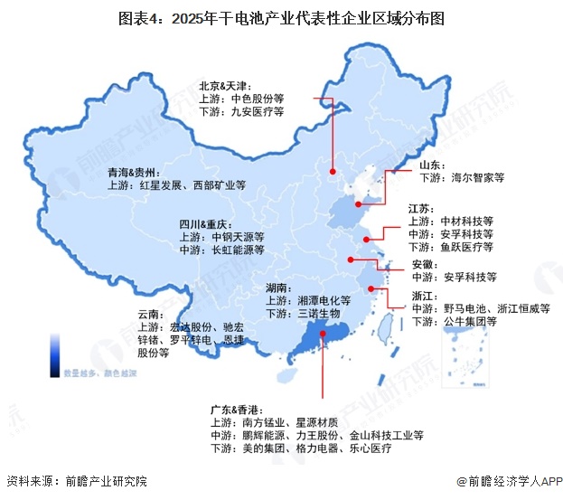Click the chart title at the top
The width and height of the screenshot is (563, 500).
point(281,17)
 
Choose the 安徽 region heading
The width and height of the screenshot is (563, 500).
point(425,264)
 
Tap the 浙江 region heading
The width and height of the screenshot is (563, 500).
point(425,296)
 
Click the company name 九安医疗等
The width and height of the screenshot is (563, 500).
point(257,112)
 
